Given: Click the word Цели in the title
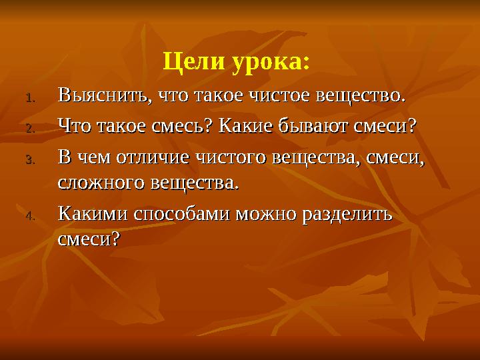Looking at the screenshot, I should coord(193,63).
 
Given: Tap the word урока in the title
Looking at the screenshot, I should coord(270,63).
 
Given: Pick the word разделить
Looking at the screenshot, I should coord(349,214).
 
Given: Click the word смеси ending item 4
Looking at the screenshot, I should coord(85,238).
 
